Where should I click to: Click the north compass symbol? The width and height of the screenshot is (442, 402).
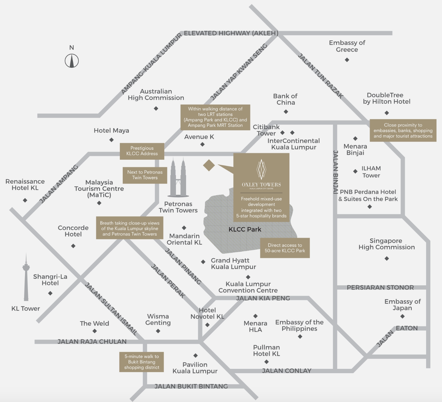click(x=72, y=61)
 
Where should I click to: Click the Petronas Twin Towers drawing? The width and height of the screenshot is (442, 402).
click(x=178, y=177)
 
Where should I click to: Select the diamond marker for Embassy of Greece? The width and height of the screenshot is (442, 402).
click(x=347, y=60)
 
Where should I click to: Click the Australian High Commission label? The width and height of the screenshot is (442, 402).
click(x=156, y=95)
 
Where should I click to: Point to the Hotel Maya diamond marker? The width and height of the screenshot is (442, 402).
click(x=111, y=140)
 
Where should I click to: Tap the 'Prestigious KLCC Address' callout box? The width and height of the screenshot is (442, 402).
click(x=142, y=151)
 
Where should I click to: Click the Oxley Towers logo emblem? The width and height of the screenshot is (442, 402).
click(x=261, y=169)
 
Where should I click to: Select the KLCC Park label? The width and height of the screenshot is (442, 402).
click(x=245, y=229)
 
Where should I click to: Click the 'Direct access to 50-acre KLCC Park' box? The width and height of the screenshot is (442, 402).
click(x=285, y=248)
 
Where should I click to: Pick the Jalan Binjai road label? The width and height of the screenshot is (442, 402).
click(x=335, y=172)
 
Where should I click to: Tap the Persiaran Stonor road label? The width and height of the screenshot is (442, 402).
click(x=380, y=287)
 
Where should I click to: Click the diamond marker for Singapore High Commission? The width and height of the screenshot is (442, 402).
click(x=387, y=258)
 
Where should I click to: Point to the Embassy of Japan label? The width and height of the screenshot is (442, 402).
click(x=402, y=305)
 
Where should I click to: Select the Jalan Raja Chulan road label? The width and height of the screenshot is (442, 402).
click(x=92, y=341)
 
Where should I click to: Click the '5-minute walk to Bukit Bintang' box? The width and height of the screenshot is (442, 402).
click(x=141, y=362)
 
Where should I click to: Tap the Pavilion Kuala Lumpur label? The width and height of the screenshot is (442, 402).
click(x=195, y=368)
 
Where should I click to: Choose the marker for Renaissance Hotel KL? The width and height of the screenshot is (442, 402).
click(x=25, y=200)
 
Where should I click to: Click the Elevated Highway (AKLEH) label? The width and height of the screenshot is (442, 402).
click(x=231, y=33)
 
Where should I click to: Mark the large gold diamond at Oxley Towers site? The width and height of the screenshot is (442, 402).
click(x=209, y=166)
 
